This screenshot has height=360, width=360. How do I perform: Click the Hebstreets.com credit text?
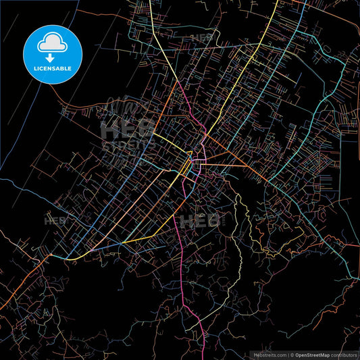(x=267, y=354)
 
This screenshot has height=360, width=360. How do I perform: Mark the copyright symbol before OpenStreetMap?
(x=292, y=354)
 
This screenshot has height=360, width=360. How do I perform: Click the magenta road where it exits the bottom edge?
(x=203, y=356)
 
